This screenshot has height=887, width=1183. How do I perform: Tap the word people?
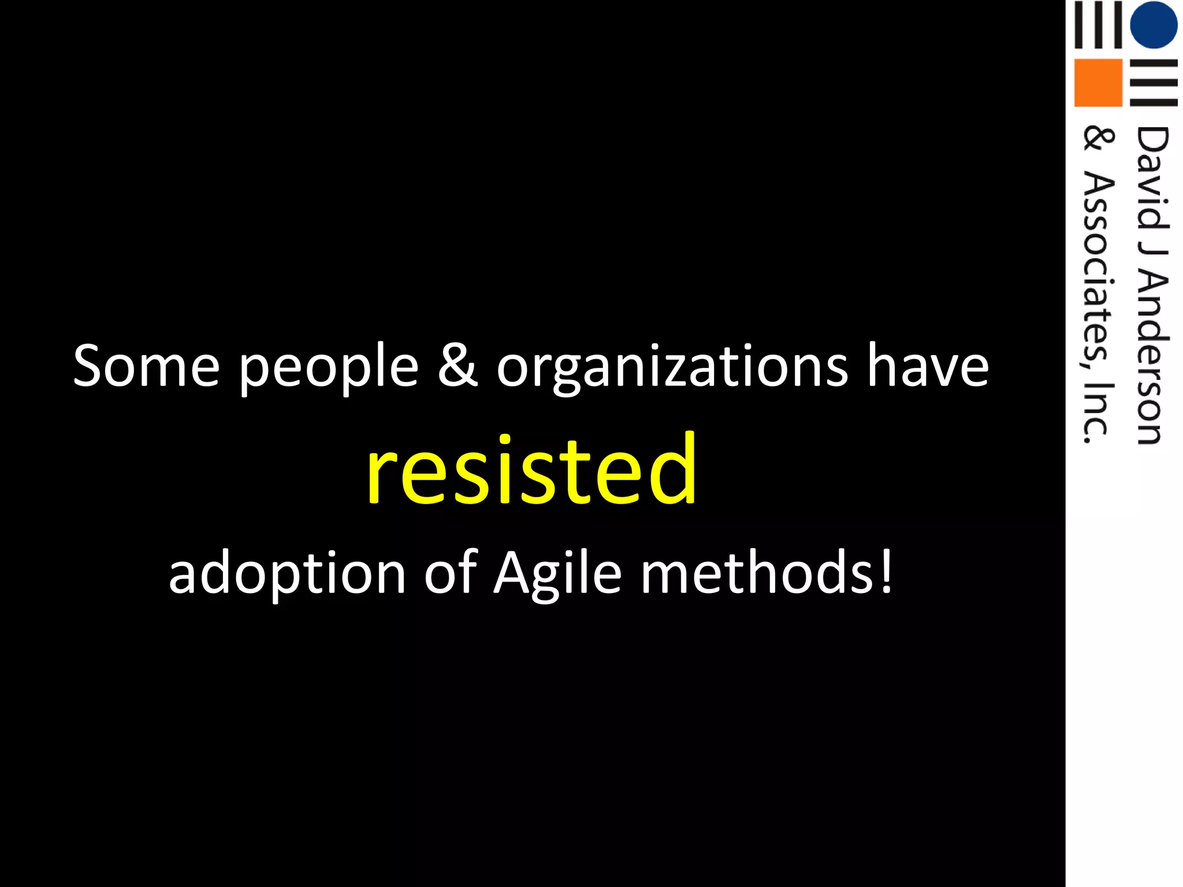tap(328, 368)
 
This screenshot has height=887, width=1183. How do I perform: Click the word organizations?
tap(672, 368)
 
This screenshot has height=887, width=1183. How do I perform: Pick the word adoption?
tap(287, 573)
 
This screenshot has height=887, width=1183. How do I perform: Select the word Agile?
tap(557, 573)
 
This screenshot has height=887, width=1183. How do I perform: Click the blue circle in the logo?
tap(1153, 25)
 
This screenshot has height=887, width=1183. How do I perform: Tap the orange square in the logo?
tap(1098, 83)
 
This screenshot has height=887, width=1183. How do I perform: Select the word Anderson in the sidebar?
tap(1152, 358)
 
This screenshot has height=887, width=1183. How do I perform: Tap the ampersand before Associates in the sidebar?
tap(1096, 140)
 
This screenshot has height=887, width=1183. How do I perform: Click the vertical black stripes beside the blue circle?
tap(1098, 25)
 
